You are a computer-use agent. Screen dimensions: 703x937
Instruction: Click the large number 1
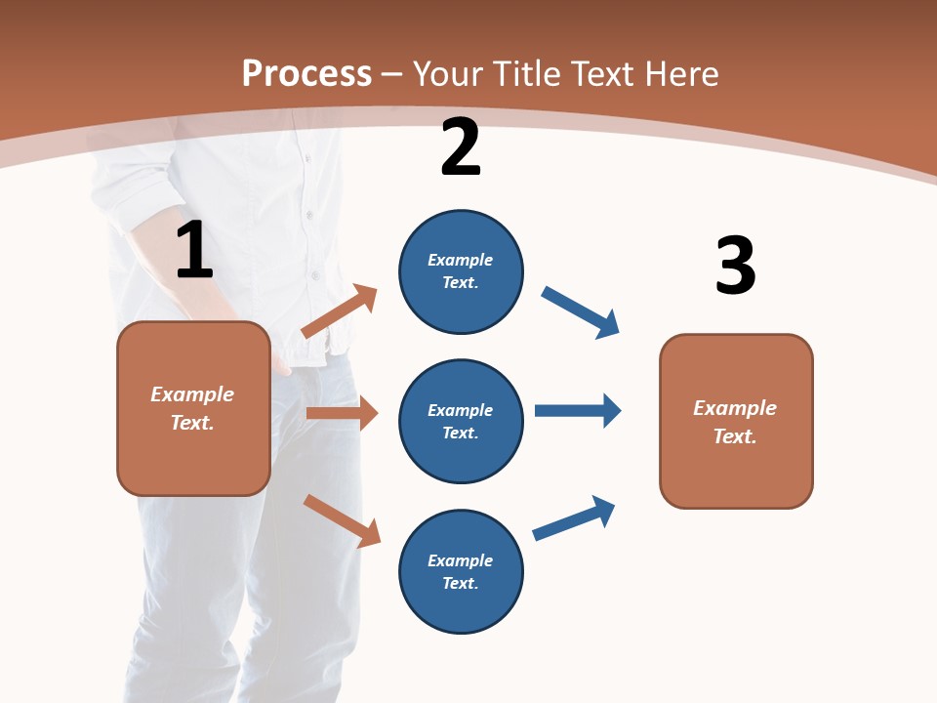click(x=194, y=251)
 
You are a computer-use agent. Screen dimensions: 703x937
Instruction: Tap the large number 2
click(x=461, y=147)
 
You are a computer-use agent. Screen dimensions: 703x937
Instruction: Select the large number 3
click(x=735, y=266)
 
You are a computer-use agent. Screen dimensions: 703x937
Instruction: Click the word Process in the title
click(x=306, y=73)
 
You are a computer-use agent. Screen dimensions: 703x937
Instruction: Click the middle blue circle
click(x=461, y=421)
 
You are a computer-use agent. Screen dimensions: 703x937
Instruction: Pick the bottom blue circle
click(x=461, y=571)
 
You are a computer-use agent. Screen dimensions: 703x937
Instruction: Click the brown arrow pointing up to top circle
click(x=340, y=311)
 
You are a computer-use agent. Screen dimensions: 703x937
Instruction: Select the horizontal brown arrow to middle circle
click(x=342, y=413)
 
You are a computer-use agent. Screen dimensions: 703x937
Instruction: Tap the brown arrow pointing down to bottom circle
click(x=342, y=519)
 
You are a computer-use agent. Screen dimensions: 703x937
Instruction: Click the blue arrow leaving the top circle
click(x=580, y=311)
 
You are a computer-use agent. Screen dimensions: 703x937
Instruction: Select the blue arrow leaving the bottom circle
click(x=574, y=517)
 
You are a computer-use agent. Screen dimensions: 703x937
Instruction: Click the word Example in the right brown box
click(x=735, y=408)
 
